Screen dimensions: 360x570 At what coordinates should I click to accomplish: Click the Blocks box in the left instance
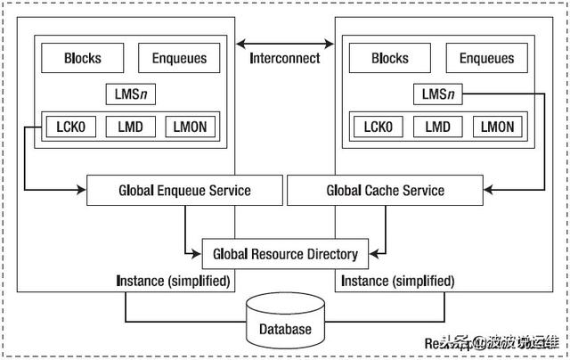coord(82,59)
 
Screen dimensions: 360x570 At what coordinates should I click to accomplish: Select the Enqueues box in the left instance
coord(179,59)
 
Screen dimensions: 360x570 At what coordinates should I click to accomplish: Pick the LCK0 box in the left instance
coord(70,127)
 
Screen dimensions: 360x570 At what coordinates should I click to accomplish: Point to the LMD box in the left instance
coord(130,127)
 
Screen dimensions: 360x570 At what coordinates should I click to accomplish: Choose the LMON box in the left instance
coord(190,127)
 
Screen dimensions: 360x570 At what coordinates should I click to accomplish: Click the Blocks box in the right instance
coord(389,59)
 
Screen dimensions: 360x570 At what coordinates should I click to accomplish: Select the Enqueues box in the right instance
coord(486,59)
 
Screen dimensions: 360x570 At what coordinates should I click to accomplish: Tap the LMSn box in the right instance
coord(437,93)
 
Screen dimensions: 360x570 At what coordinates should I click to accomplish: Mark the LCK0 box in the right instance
coord(378,127)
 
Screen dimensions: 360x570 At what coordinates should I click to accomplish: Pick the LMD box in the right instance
coord(437,127)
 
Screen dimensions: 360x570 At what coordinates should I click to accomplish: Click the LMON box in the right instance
coord(497,127)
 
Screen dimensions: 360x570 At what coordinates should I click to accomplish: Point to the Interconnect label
coord(284,59)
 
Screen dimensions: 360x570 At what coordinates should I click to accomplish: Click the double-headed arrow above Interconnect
coord(284,42)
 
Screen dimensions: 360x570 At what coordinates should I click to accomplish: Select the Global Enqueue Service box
coord(184,191)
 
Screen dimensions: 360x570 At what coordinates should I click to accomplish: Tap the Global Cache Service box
coord(385,191)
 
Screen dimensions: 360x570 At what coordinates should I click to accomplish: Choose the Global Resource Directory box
coord(284,254)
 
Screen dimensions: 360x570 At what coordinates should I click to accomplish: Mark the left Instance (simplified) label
coord(174,281)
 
